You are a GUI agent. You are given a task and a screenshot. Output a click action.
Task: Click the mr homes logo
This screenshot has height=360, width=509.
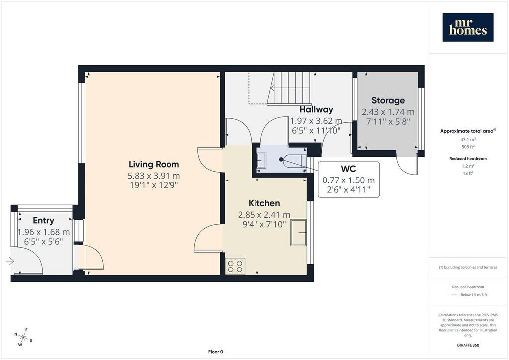[x=468, y=27]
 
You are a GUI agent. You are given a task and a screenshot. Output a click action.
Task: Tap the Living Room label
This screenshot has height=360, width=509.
[x=154, y=164]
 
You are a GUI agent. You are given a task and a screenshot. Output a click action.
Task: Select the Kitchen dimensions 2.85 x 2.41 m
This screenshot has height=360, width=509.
[x=264, y=215]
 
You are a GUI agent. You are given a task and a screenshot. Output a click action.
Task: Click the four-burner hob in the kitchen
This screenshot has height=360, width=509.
[x=235, y=266]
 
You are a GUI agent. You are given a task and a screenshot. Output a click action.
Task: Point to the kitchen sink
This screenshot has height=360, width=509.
[x=298, y=232]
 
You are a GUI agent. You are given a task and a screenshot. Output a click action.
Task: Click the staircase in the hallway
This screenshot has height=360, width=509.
[x=288, y=89]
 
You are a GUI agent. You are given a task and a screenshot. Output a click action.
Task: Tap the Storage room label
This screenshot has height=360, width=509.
[x=388, y=100]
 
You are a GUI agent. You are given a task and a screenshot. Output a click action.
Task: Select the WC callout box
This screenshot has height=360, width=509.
[x=348, y=179]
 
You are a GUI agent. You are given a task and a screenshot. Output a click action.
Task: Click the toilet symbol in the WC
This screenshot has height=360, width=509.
[x=292, y=160]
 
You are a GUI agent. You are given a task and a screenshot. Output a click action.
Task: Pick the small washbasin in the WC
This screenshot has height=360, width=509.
[x=261, y=160]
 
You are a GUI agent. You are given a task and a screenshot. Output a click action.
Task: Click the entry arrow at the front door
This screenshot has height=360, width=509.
[x=10, y=261]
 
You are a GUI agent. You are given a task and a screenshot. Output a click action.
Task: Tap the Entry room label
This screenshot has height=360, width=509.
[x=44, y=220]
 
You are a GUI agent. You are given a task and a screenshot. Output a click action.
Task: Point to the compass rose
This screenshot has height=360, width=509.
[x=23, y=337]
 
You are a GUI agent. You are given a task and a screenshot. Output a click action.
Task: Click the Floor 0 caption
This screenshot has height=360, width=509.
[x=216, y=352]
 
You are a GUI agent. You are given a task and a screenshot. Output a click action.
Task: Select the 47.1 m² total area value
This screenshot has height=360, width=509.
[x=468, y=139]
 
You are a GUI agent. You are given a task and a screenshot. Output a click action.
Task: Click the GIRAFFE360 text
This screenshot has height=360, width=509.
[x=468, y=345]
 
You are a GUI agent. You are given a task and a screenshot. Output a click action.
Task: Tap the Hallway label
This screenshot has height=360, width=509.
[x=316, y=109]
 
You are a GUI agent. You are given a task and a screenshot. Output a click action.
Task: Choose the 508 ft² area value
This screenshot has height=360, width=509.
[x=468, y=146]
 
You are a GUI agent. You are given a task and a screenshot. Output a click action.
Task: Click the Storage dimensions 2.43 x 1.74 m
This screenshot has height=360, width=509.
[x=388, y=112]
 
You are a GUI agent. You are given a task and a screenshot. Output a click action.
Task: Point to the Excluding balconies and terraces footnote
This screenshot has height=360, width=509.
[x=468, y=267]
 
